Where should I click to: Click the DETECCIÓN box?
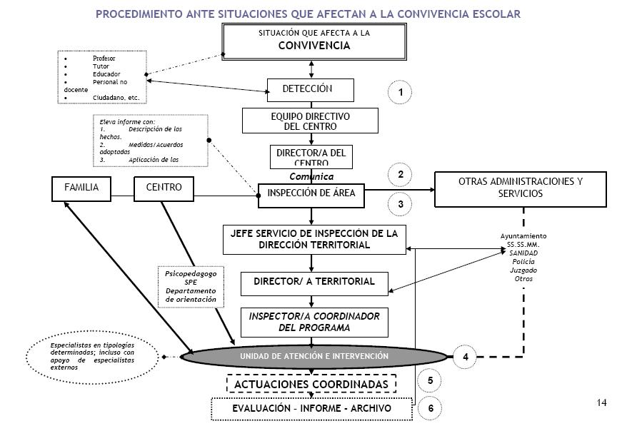311,90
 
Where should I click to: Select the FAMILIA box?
81,188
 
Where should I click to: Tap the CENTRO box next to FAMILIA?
164,188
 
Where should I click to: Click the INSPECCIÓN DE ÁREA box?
311,193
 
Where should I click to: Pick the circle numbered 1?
401,93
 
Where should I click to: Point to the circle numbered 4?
465,355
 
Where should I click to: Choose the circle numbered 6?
431,408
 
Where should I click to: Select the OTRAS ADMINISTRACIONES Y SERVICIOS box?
520,188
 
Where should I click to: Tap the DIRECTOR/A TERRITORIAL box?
314,282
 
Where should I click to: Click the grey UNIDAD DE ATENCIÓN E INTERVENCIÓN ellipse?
313,355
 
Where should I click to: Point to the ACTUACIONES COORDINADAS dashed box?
311,384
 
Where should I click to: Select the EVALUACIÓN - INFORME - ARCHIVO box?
311,409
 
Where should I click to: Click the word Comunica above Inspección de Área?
311,176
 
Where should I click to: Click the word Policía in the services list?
523,262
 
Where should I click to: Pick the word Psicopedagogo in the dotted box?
191,273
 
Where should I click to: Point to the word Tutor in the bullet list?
101,66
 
